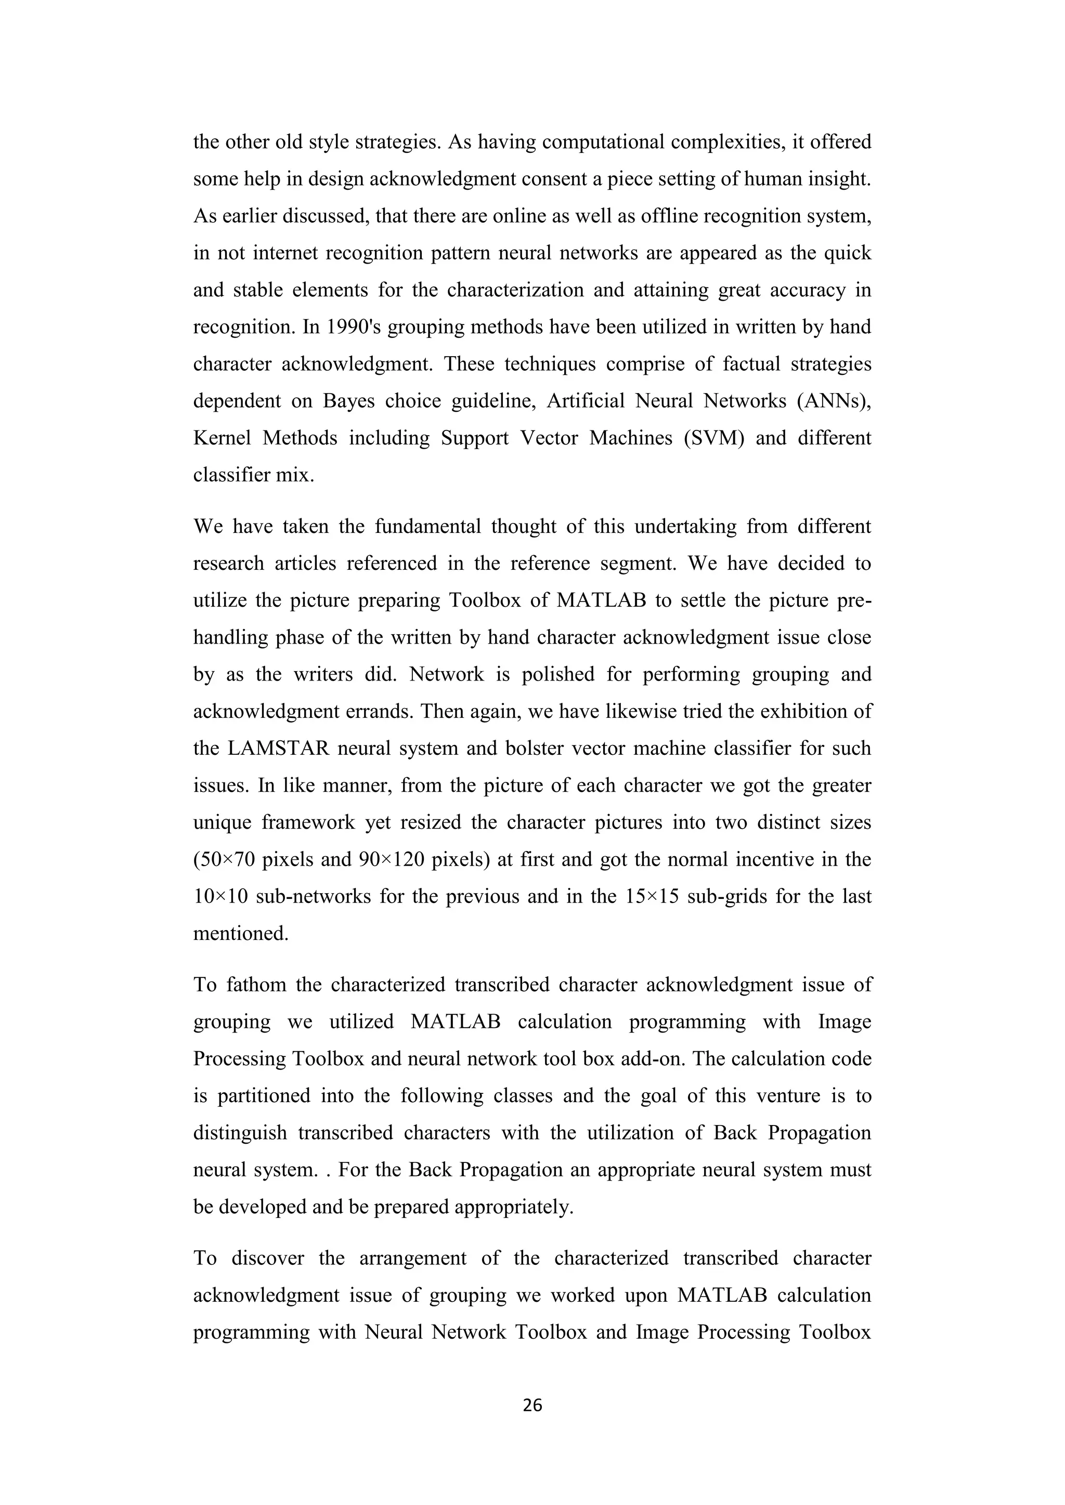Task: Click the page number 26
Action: click(532, 1405)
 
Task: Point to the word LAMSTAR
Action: click(278, 748)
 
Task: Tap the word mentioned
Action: click(241, 933)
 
